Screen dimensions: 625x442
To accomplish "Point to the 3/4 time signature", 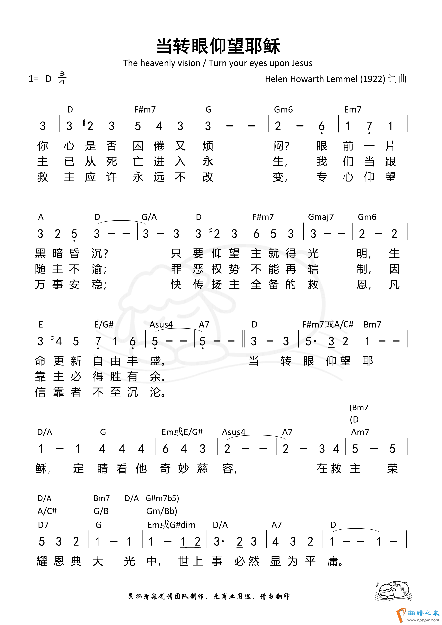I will click(62, 78).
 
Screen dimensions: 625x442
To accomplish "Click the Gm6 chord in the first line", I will click(283, 110).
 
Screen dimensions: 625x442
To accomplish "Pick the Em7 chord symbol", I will click(353, 110).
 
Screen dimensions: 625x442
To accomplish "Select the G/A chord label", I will click(149, 217).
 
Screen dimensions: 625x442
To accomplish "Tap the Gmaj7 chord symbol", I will click(320, 217).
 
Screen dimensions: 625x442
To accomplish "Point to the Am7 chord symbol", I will click(360, 432).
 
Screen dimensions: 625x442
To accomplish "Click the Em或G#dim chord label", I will click(171, 525).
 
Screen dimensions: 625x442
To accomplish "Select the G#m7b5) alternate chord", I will click(162, 498).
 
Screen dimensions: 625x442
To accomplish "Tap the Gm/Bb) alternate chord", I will click(162, 511).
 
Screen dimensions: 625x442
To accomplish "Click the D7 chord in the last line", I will click(43, 525).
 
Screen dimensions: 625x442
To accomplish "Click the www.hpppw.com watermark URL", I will click(423, 620).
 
